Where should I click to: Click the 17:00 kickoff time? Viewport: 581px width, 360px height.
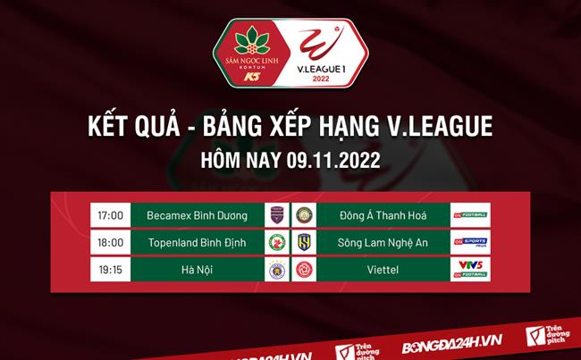pos(109,214)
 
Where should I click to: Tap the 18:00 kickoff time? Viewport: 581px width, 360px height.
pos(109,242)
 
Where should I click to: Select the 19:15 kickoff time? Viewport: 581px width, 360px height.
pos(109,270)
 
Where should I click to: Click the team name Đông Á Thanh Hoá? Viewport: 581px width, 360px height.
pos(383,214)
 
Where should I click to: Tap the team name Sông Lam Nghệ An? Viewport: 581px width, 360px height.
pos(383,242)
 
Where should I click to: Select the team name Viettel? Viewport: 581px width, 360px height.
pos(383,270)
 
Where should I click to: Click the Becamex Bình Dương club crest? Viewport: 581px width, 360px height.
pos(277,214)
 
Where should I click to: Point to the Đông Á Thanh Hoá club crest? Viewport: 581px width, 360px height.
pos(304,214)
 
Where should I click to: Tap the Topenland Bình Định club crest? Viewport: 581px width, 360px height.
pos(277,242)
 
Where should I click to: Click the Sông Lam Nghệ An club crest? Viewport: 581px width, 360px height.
pos(304,242)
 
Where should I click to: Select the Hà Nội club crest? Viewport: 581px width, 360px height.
pos(277,270)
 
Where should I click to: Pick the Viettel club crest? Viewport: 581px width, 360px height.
pos(304,270)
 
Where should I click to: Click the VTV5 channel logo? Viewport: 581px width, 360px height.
pos(469,264)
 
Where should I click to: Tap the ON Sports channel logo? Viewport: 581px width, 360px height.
pos(469,242)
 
